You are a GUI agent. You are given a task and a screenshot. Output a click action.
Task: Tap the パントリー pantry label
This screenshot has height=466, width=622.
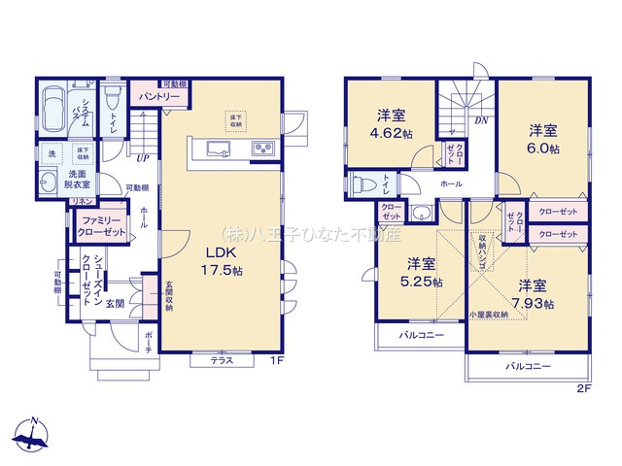pyautogui.click(x=158, y=97)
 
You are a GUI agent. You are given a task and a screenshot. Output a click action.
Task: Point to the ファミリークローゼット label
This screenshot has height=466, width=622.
pyautogui.click(x=102, y=227)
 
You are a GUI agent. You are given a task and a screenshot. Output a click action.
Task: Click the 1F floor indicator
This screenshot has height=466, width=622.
pyautogui.click(x=275, y=361)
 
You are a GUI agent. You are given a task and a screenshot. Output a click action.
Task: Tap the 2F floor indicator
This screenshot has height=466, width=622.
pyautogui.click(x=584, y=388)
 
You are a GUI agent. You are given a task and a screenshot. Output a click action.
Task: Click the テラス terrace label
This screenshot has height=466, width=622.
pyautogui.click(x=221, y=359)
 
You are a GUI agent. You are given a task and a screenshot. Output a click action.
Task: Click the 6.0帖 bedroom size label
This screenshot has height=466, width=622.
pyautogui.click(x=544, y=149)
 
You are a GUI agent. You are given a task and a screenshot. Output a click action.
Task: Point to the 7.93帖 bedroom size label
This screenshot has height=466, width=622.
pyautogui.click(x=536, y=303)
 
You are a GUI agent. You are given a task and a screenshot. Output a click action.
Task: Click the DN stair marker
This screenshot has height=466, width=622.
pyautogui.click(x=480, y=120)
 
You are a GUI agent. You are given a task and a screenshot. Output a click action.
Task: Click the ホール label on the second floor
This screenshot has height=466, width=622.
pyautogui.click(x=451, y=183)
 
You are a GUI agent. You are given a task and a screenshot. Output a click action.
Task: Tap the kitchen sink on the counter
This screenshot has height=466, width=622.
pyautogui.click(x=217, y=149)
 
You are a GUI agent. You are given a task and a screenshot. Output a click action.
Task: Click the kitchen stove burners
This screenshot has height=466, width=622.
pyautogui.click(x=263, y=149)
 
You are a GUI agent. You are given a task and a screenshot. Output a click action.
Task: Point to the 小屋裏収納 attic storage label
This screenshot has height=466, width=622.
pyautogui.click(x=486, y=315)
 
